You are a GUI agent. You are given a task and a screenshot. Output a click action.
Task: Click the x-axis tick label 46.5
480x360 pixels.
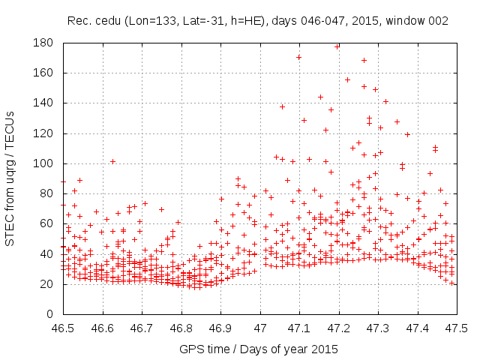coord(64,328)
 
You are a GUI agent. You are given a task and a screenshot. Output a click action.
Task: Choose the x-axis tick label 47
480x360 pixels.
coord(260,328)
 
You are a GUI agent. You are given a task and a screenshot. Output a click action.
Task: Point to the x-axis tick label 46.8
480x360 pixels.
coord(181,328)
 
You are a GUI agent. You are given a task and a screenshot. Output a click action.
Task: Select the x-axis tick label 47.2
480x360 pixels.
coord(339,328)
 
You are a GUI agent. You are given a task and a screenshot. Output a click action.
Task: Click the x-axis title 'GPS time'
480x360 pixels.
coord(205,349)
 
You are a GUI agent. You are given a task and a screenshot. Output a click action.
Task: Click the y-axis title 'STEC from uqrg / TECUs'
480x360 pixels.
coord(10,178)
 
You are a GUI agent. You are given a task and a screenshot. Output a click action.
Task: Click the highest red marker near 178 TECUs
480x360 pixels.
coord(337,46)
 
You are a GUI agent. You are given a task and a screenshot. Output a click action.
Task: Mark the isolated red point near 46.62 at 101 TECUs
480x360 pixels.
coord(112,161)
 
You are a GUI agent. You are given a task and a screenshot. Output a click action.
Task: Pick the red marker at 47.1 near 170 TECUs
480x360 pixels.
coord(298,57)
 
